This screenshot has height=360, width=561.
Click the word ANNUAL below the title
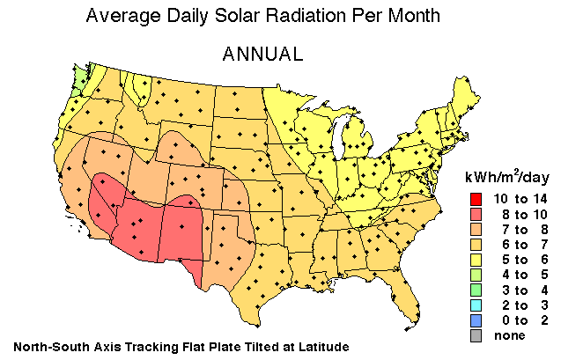[262, 54]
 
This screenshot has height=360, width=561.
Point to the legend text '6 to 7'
[520, 244]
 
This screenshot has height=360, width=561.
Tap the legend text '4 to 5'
[520, 275]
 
